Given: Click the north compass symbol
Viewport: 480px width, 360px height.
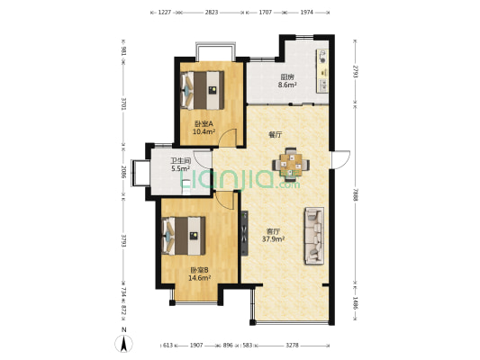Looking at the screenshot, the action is click(123, 344).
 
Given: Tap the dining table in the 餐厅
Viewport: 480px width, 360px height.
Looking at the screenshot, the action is click(291, 164).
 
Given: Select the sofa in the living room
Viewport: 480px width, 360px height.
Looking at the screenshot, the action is click(314, 236).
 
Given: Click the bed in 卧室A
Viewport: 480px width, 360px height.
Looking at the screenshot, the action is click(203, 90).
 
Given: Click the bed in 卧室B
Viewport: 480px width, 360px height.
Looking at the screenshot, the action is click(184, 236).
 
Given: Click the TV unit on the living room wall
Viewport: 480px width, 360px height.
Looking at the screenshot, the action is click(244, 233).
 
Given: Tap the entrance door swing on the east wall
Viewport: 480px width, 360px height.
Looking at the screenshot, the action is click(340, 159).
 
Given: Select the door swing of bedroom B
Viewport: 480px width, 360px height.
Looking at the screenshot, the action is click(225, 201).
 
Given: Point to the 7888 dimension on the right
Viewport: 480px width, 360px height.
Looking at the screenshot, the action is click(355, 194).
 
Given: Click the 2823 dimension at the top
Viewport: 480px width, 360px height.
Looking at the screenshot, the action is click(212, 13).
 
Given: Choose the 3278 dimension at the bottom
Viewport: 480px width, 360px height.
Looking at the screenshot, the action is click(292, 346).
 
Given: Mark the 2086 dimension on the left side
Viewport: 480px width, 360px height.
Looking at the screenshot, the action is click(123, 173).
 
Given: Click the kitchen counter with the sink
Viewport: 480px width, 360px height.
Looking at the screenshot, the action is click(322, 71).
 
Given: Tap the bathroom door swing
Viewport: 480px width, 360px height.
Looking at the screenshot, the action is click(202, 159).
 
